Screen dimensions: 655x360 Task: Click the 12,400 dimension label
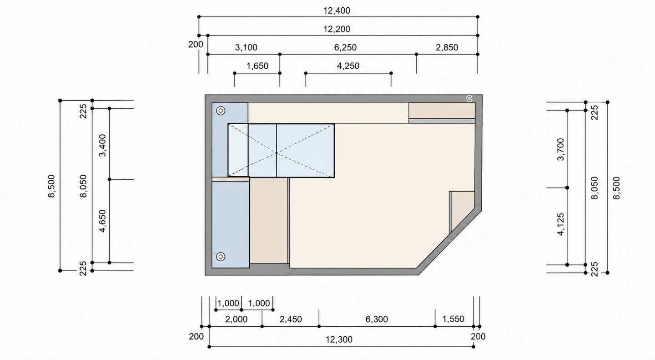(x=337, y=10)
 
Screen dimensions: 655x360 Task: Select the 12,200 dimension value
(x=337, y=29)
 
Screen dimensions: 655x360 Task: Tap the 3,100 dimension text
(x=246, y=47)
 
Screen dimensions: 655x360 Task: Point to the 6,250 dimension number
(x=345, y=47)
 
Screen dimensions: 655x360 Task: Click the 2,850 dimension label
(x=447, y=47)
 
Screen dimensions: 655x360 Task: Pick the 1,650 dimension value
(x=257, y=66)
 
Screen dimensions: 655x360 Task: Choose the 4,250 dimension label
(x=348, y=66)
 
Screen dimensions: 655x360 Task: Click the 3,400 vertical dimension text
(x=103, y=145)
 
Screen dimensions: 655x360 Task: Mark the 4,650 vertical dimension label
(x=103, y=221)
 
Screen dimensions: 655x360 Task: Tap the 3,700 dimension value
(x=560, y=149)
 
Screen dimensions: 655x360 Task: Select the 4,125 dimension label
(x=560, y=224)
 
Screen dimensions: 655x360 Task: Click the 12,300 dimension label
(x=339, y=340)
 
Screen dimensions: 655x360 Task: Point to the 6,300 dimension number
(x=377, y=319)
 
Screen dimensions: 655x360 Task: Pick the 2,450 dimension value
(x=291, y=319)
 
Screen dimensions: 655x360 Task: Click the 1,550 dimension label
(x=453, y=319)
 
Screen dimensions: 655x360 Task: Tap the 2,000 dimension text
(x=236, y=319)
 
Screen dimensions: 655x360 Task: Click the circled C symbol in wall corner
(x=469, y=99)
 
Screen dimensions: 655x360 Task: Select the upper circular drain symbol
(x=221, y=111)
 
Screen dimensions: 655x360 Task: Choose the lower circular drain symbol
(x=221, y=257)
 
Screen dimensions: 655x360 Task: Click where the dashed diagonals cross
(x=277, y=153)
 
